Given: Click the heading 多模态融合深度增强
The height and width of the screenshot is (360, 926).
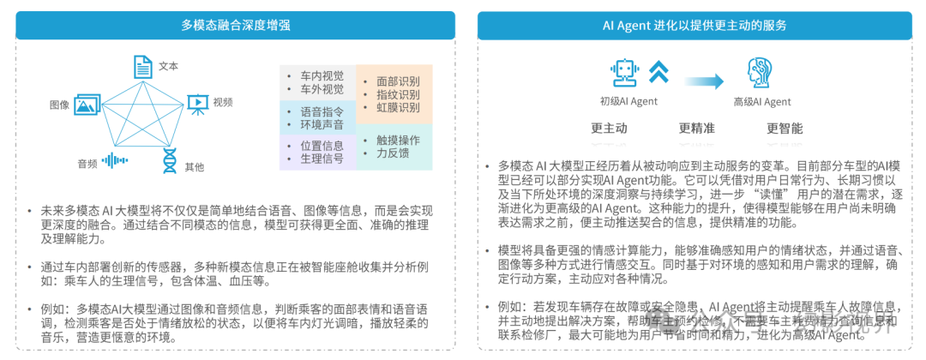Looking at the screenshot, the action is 237,25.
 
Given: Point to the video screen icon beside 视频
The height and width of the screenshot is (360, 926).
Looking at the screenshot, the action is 197,103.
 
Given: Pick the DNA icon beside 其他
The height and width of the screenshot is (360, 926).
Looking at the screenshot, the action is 170,159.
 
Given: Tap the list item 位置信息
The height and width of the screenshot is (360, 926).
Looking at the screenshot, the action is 322,146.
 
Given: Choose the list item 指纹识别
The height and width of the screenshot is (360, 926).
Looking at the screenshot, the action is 398,94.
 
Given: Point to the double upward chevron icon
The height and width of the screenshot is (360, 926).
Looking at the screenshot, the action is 658,72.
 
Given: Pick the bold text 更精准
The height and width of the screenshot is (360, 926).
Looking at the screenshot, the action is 696,129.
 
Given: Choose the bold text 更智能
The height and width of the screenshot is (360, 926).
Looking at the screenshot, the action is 785,129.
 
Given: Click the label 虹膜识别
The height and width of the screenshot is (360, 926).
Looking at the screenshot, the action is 398,108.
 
